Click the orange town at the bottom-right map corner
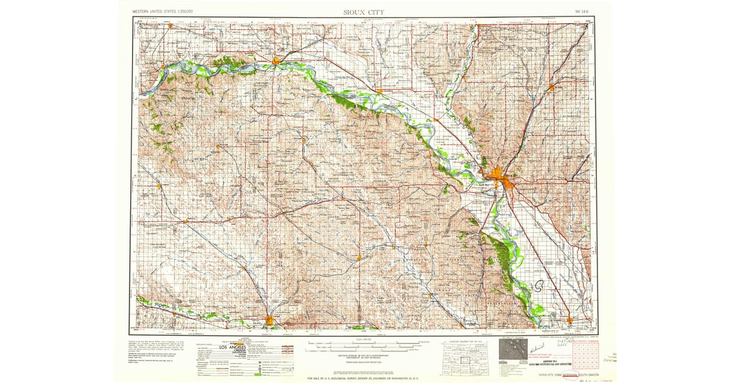[569, 320]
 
